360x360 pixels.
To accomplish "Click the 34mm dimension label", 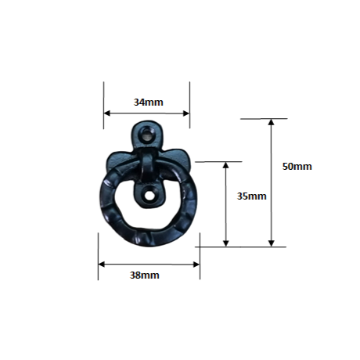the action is [149, 102].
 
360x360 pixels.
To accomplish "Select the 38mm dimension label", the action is [145, 275].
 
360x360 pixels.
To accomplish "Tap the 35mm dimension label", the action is [252, 196].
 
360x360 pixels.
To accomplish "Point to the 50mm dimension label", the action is [297, 166].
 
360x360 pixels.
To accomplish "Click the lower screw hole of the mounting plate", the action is [149, 196].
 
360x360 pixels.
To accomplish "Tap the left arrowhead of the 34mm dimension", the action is [107, 113].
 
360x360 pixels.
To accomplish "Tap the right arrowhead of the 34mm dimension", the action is [186, 113].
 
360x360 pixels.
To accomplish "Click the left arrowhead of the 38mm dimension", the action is [102, 265].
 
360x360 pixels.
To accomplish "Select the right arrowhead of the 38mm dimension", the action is [196, 265].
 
